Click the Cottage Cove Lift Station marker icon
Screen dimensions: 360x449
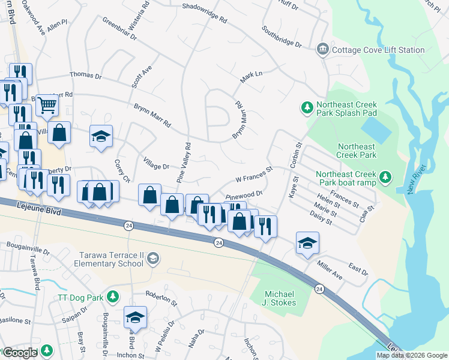323,49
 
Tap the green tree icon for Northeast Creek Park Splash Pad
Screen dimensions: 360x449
307,107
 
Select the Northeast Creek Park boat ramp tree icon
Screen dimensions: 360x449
385,177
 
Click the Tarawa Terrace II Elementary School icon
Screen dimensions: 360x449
153,258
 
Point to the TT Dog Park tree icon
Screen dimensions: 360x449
112,296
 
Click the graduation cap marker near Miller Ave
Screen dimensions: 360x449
307,243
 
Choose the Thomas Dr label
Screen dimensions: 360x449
86,76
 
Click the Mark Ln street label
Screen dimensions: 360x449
252,77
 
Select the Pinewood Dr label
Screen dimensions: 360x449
244,195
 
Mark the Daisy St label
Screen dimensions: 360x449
322,218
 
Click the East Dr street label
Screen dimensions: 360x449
357,269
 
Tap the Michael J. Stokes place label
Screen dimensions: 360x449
280,300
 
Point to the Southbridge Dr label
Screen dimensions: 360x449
282,36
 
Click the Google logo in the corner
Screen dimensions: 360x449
20,353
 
